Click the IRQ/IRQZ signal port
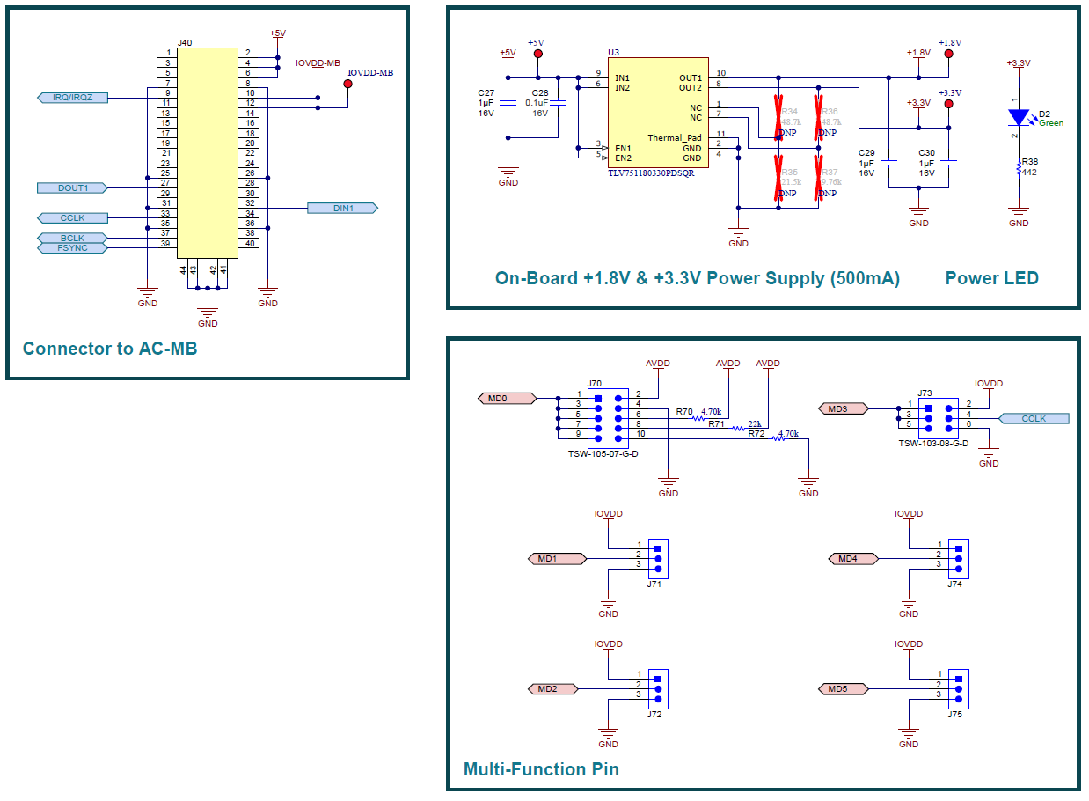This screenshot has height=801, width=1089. pyautogui.click(x=73, y=98)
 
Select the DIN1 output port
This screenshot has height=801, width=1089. pyautogui.click(x=342, y=209)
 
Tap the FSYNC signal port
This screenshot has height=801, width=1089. pyautogui.click(x=73, y=248)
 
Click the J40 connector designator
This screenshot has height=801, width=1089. pyautogui.click(x=185, y=42)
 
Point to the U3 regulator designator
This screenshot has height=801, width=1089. pyautogui.click(x=613, y=53)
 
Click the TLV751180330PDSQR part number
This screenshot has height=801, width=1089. pyautogui.click(x=650, y=173)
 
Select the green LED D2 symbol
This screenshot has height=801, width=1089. pyautogui.click(x=1019, y=116)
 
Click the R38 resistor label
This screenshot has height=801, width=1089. pyautogui.click(x=1030, y=162)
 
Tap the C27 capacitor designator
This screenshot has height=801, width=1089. pyautogui.click(x=486, y=92)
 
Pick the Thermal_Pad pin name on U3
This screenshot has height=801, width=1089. pyautogui.click(x=675, y=138)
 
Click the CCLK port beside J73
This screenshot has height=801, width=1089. pyautogui.click(x=1034, y=419)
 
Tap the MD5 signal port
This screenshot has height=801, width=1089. pyautogui.click(x=843, y=688)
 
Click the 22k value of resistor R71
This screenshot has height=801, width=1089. pyautogui.click(x=755, y=423)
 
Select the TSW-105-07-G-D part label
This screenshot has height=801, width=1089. pyautogui.click(x=603, y=453)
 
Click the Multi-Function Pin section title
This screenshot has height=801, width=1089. pyautogui.click(x=541, y=769)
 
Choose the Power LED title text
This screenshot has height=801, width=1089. pyautogui.click(x=991, y=278)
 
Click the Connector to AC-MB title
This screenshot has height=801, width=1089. pyautogui.click(x=110, y=349)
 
